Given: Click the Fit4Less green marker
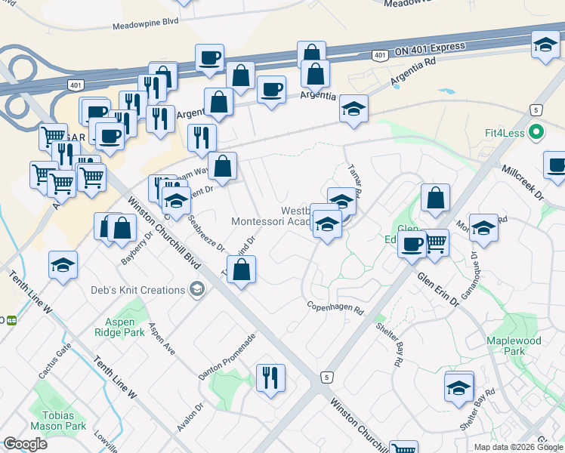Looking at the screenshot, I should pyautogui.click(x=536, y=134).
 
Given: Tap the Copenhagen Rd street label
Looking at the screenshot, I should pyautogui.click(x=335, y=308).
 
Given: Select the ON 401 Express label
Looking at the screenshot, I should pyautogui.click(x=429, y=48).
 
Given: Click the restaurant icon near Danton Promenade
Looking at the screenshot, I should pyautogui.click(x=270, y=377).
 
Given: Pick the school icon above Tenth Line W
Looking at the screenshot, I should pyautogui.click(x=63, y=265).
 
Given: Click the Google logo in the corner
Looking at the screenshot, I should pyautogui.click(x=25, y=444).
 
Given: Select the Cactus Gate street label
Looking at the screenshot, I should pyautogui.click(x=54, y=362).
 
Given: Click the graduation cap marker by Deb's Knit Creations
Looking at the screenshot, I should pyautogui.click(x=197, y=289).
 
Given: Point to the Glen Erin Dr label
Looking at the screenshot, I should pyautogui.click(x=437, y=289).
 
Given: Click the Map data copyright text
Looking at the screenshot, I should pyautogui.click(x=517, y=447).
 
